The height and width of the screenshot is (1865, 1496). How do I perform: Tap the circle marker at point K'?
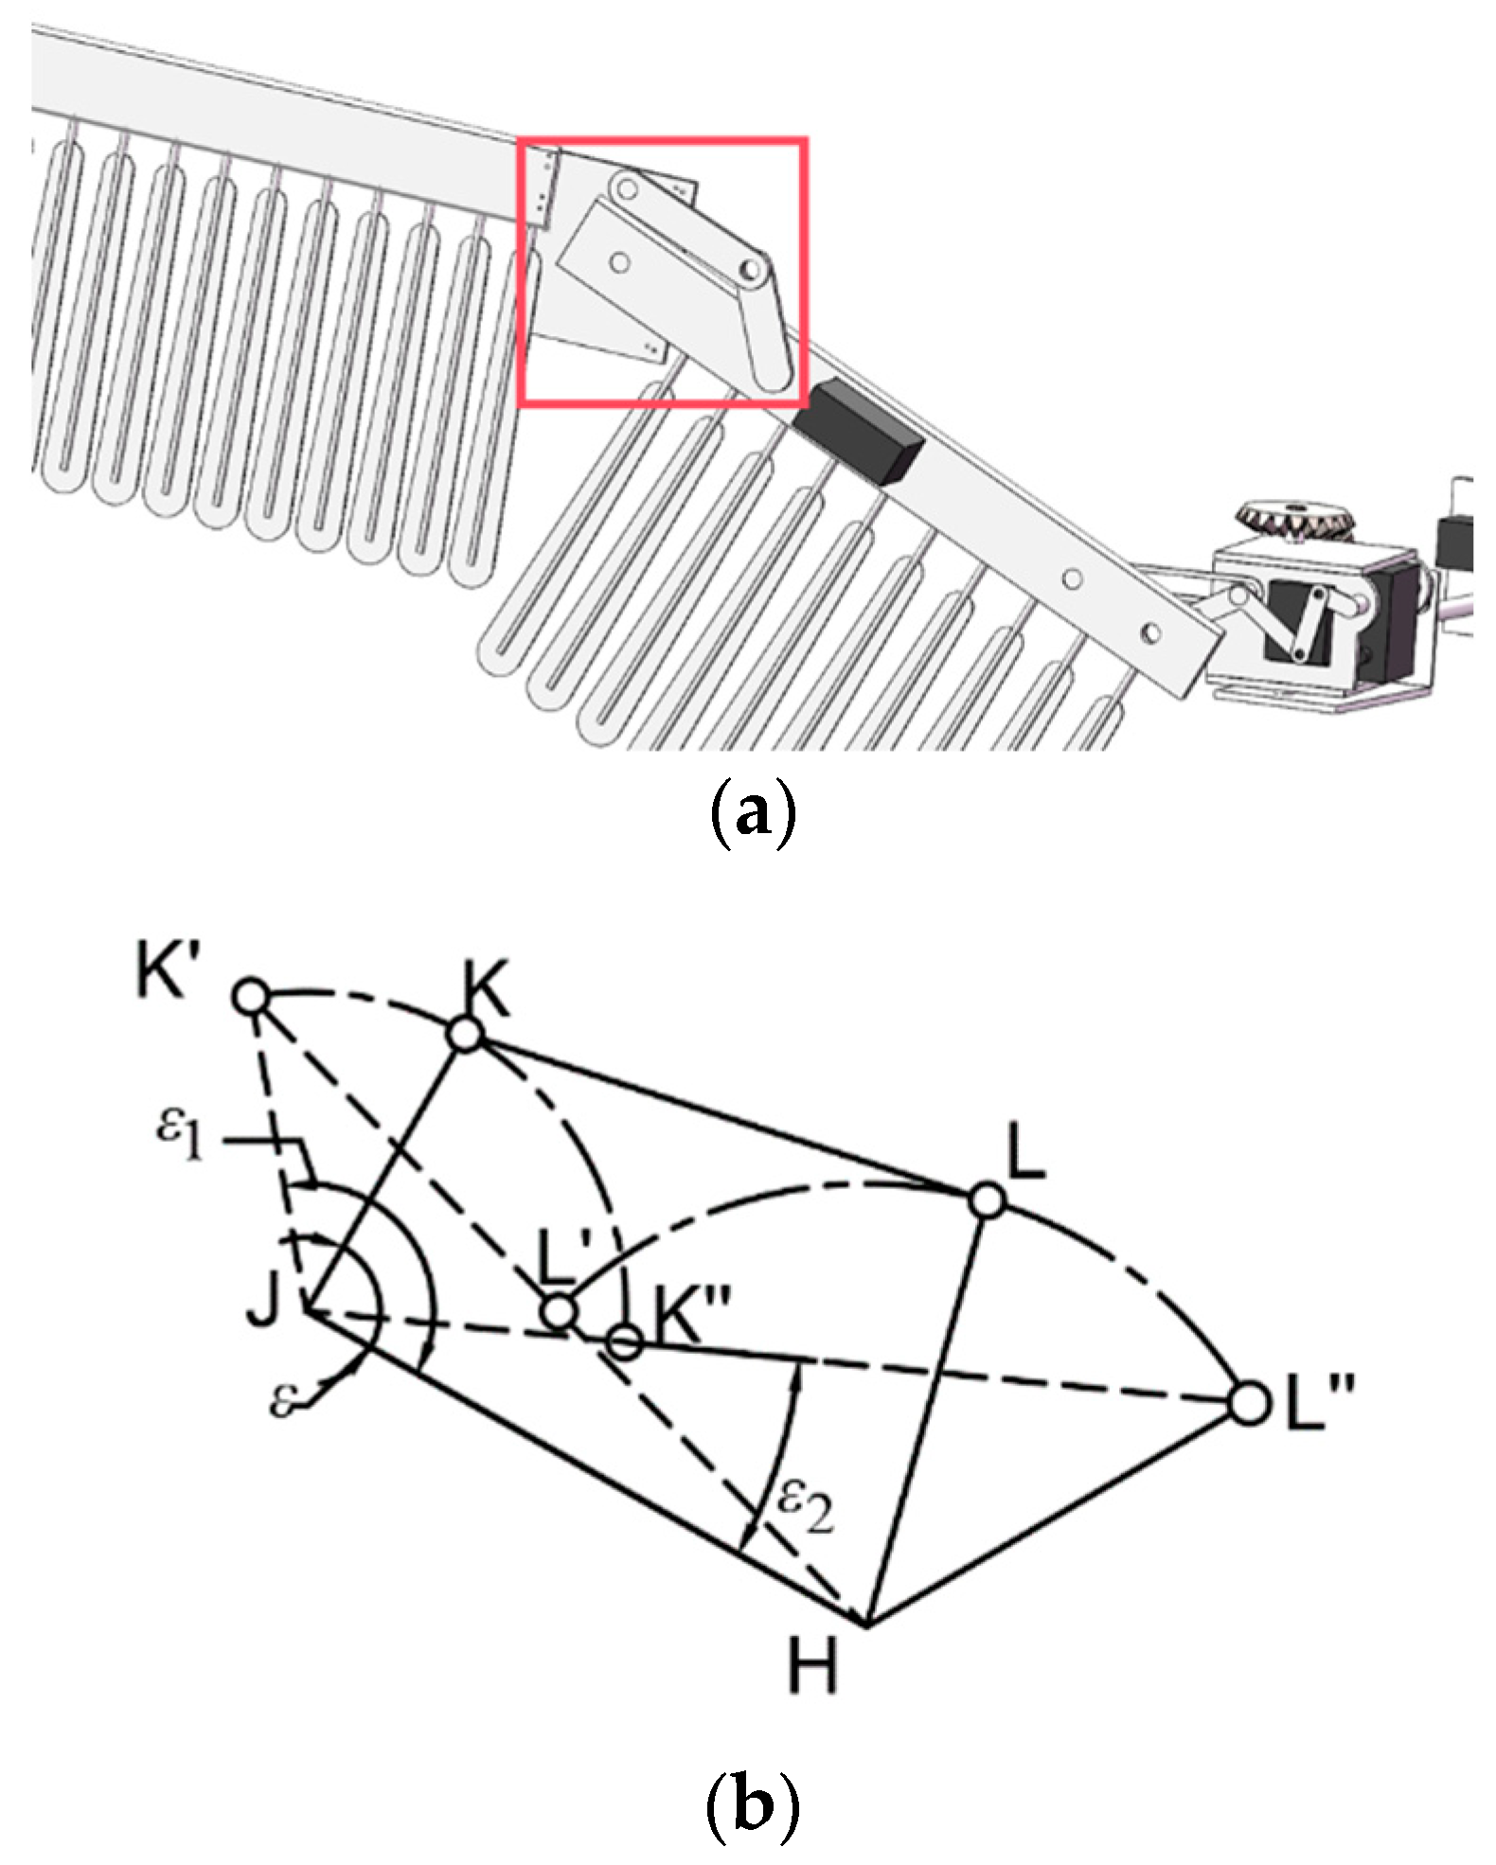pyautogui.click(x=251, y=997)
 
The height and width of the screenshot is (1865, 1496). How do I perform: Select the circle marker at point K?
pyautogui.click(x=465, y=1035)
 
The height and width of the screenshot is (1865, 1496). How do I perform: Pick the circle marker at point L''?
pyautogui.click(x=1249, y=1402)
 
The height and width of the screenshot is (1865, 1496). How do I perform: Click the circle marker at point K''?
pyautogui.click(x=624, y=1341)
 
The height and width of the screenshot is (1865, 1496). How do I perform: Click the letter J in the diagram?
pyautogui.click(x=264, y=1305)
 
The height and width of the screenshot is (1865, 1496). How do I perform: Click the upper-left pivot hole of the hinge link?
pyautogui.click(x=623, y=187)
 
